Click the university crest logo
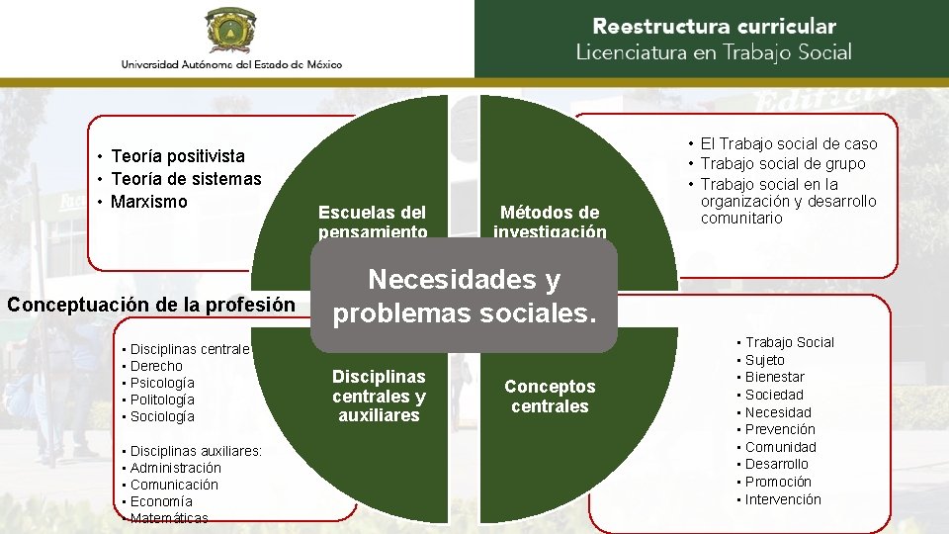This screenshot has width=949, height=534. [231, 30]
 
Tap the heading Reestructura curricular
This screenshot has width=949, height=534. [714, 27]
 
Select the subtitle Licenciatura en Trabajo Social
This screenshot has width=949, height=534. [714, 52]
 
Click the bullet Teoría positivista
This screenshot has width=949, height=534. [178, 155]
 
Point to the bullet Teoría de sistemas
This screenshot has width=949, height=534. [186, 179]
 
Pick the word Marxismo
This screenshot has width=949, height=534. [149, 202]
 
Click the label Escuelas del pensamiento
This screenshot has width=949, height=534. [373, 222]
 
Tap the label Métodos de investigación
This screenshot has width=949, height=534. [550, 222]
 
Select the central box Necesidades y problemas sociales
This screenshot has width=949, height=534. [465, 297]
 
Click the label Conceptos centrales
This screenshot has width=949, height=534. [550, 397]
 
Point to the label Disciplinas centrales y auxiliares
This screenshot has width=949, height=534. [379, 396]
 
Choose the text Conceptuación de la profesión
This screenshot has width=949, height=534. [150, 305]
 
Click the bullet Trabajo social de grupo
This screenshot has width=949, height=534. [783, 163]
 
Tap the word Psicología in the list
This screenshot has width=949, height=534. [162, 383]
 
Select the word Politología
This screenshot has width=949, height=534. [162, 400]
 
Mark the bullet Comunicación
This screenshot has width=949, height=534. [174, 485]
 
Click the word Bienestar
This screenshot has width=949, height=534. [775, 377]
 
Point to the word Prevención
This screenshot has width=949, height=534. [780, 429]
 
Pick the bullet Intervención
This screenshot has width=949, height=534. [783, 499]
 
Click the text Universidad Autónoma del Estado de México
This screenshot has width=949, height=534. [231, 64]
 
